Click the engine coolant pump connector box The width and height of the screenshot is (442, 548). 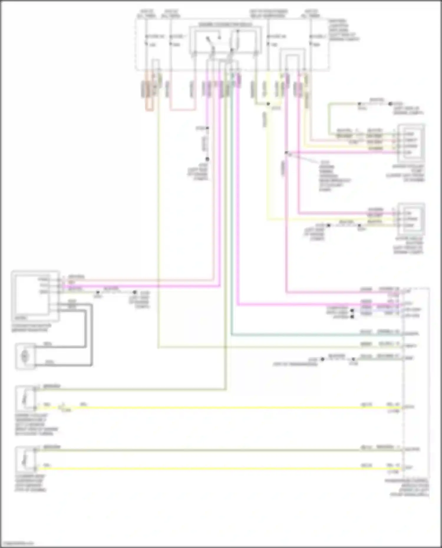tap(411, 143)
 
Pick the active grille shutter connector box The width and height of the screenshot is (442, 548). tap(411, 219)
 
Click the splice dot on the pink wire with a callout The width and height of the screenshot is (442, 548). tap(286, 153)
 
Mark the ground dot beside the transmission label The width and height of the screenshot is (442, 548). tap(322, 359)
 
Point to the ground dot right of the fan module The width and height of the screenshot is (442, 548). tap(135, 292)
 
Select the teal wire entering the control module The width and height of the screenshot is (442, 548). tap(324, 335)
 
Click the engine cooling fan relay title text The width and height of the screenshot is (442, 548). tap(225, 24)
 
